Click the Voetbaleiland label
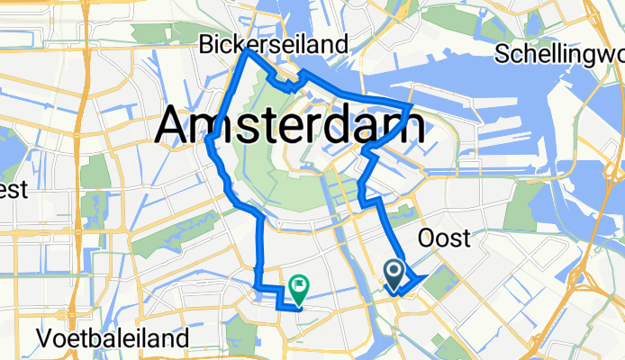click(113, 339)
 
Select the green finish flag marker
click(297, 288)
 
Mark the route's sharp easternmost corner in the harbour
click(412, 105)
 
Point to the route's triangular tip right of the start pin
click(424, 275)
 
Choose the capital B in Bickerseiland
click(206, 44)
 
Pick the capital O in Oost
click(427, 238)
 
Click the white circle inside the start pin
click(394, 269)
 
